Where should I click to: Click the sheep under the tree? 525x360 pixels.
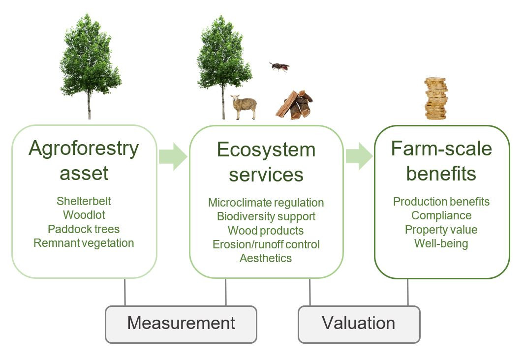coord(244,107)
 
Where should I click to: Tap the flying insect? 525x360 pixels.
coord(279,66)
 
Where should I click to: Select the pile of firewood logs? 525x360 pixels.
coord(294,105)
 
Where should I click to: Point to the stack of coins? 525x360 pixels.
coord(436,99)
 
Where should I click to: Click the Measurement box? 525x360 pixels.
coord(181,324)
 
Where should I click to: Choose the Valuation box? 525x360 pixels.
coord(359,324)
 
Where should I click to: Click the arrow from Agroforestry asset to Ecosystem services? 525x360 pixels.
coord(173,156)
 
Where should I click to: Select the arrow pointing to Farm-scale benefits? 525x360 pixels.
coord(359,156)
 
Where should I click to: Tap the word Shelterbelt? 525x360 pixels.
coord(84,201)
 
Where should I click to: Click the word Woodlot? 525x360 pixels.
coord(84,215)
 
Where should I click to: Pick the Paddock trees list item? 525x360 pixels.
coord(84,229)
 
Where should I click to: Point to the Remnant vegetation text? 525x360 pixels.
coord(84,243)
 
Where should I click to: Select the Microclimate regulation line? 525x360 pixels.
coord(266,203)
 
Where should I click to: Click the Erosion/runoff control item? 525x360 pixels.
coord(266,244)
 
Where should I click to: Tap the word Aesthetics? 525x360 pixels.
coord(266,258)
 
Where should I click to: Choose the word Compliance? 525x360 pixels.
coord(441,216)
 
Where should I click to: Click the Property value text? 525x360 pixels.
coord(441,230)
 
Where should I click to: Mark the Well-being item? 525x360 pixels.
coord(441,243)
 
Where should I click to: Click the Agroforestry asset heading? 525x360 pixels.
coord(84,160)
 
